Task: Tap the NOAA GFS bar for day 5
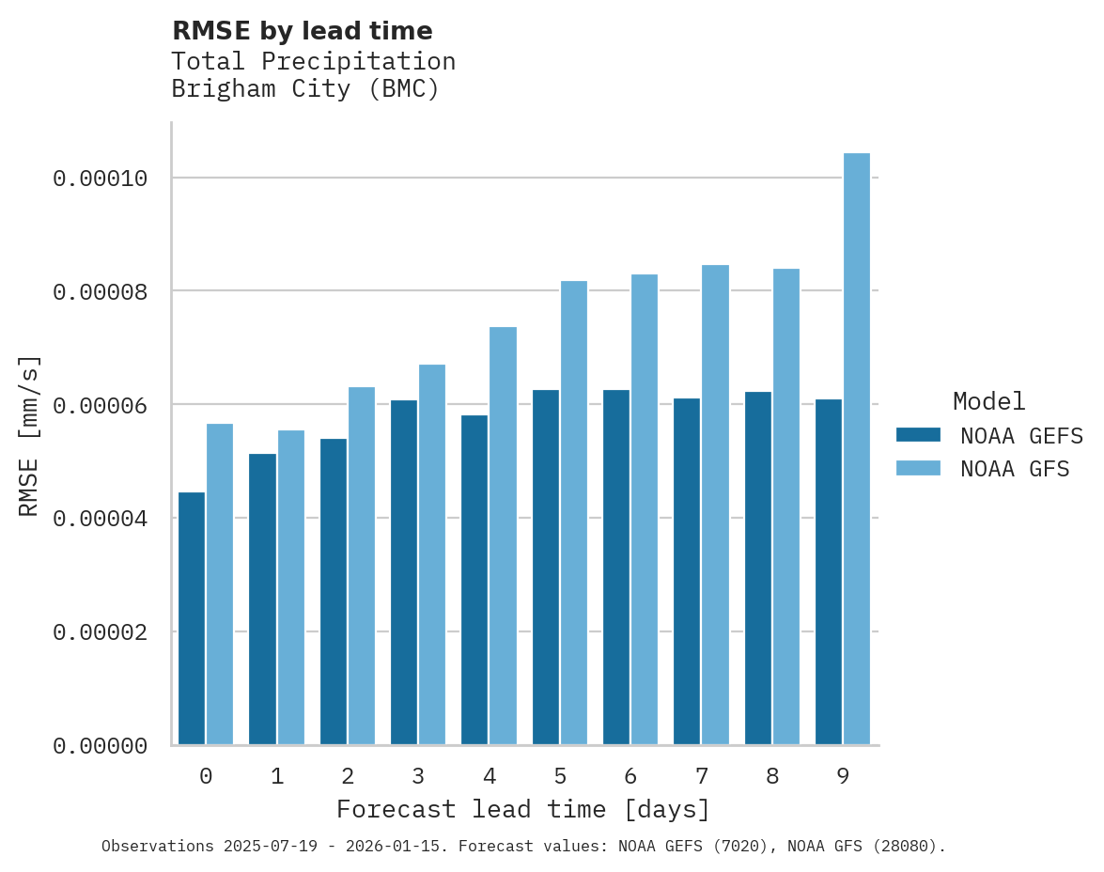click(573, 513)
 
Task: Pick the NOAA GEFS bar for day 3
click(404, 572)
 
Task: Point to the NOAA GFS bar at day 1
click(290, 587)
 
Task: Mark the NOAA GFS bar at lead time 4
click(503, 536)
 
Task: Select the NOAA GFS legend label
click(1015, 469)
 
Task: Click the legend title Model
click(988, 401)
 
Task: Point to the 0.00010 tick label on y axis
click(101, 179)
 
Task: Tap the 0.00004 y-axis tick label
click(101, 519)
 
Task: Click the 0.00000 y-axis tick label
click(101, 746)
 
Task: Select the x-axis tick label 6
click(630, 776)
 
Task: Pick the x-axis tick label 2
click(348, 776)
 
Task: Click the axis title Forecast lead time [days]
click(523, 809)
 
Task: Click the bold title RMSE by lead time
click(302, 31)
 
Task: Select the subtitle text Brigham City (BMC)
click(305, 89)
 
